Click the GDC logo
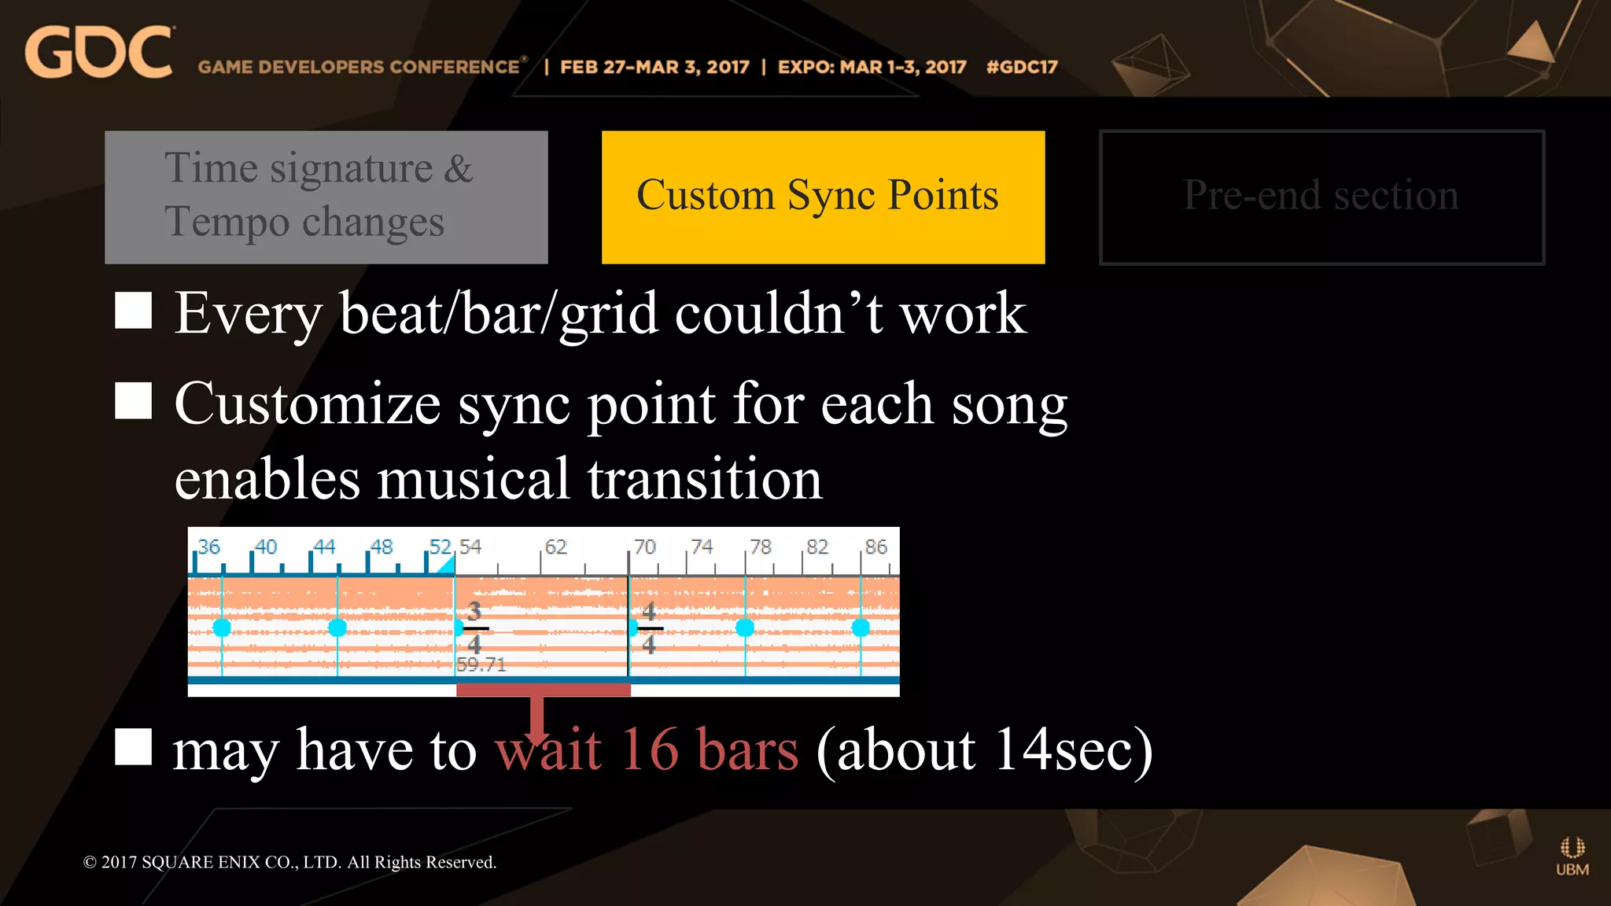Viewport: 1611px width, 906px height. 98,53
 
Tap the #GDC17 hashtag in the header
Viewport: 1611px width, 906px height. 1021,67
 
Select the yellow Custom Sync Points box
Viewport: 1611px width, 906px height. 823,197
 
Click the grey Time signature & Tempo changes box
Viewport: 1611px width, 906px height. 326,197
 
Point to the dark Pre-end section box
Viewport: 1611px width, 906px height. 1322,197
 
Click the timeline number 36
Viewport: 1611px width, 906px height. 209,547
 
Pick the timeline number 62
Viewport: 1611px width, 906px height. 555,547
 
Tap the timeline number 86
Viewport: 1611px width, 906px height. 876,547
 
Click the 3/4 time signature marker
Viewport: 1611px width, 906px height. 474,628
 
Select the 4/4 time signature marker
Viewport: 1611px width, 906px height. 649,628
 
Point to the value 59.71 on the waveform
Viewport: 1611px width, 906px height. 481,665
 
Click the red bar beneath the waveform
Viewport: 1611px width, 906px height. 543,690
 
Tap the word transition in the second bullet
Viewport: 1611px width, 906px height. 704,479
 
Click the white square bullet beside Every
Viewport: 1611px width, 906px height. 133,311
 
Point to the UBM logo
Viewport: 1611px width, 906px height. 1572,856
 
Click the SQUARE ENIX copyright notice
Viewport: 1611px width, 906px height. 289,862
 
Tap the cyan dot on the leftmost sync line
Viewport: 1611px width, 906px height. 222,628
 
